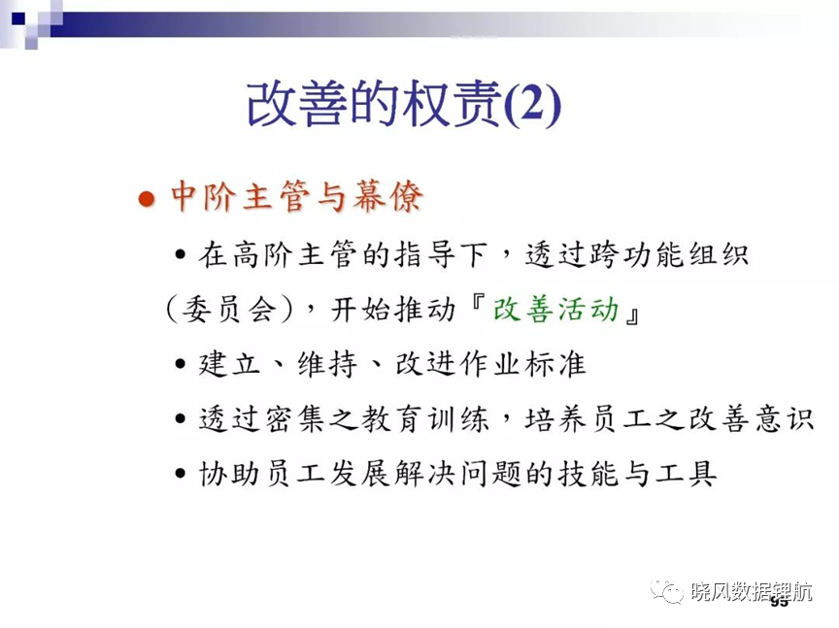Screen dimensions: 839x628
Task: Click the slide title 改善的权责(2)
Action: (404, 103)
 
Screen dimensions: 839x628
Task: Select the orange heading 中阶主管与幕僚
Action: (297, 196)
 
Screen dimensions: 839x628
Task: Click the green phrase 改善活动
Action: (556, 310)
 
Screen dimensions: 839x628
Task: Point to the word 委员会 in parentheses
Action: (229, 310)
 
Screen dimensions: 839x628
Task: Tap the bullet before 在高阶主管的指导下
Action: (181, 254)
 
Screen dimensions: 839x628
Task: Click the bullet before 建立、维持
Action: (181, 364)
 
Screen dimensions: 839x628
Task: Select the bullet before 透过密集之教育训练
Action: (181, 419)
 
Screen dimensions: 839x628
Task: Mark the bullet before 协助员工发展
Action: (181, 474)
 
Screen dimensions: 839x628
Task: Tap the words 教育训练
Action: (425, 418)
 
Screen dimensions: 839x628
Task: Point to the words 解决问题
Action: (458, 474)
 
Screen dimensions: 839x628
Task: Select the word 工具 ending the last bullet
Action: (686, 474)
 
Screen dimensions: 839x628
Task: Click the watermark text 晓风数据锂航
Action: (752, 592)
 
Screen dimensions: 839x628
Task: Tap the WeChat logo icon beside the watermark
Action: (667, 590)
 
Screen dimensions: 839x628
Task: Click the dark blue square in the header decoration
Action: (18, 18)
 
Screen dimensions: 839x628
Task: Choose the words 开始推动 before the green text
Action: (392, 310)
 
